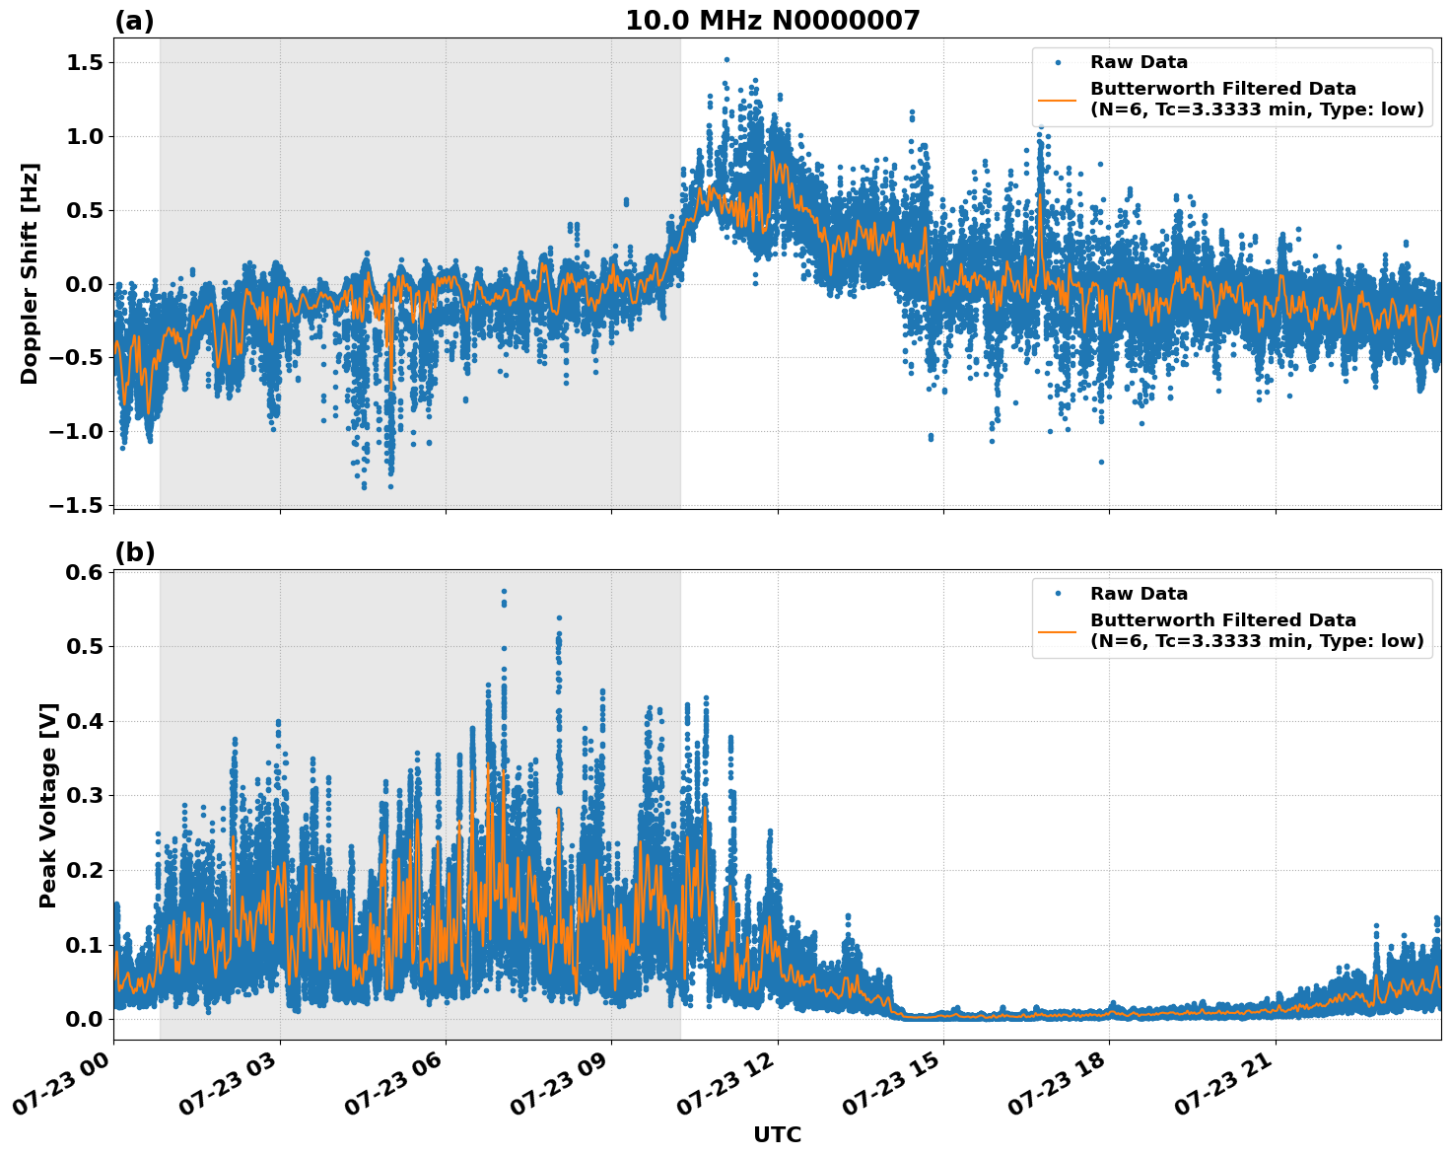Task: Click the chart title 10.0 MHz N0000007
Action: click(x=772, y=21)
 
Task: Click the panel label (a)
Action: click(x=134, y=21)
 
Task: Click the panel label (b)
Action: click(x=134, y=552)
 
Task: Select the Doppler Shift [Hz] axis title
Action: click(x=30, y=273)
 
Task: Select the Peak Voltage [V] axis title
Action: click(x=48, y=805)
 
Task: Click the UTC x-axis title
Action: click(x=777, y=1134)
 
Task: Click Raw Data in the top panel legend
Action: click(x=1139, y=62)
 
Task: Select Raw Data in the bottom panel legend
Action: click(x=1139, y=594)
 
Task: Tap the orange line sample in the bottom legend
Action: click(x=1058, y=630)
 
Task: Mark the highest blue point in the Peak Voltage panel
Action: click(x=504, y=592)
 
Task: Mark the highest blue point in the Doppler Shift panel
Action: click(x=726, y=60)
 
